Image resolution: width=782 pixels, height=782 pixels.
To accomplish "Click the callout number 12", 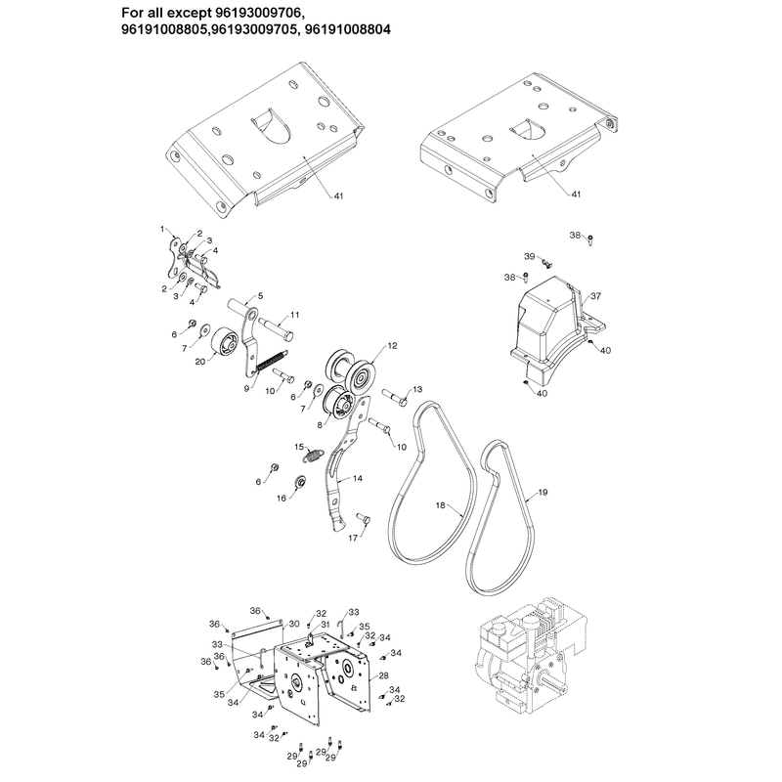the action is pyautogui.click(x=393, y=346).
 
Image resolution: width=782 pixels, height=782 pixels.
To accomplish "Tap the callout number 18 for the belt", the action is pyautogui.click(x=441, y=505).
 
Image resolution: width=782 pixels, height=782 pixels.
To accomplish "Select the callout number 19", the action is pyautogui.click(x=543, y=493).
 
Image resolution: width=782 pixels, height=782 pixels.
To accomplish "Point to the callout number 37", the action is pyautogui.click(x=596, y=296).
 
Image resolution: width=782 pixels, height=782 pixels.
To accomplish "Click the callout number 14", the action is pyautogui.click(x=358, y=478).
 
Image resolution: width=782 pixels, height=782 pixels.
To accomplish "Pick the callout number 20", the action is pyautogui.click(x=200, y=361).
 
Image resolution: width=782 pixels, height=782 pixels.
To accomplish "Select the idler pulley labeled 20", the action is pyautogui.click(x=224, y=343).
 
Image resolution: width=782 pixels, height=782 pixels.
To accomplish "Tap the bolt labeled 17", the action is pyautogui.click(x=363, y=519).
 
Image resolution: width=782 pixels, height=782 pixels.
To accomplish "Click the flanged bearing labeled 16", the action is pyautogui.click(x=300, y=481).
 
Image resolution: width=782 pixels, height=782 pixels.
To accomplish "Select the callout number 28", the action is pyautogui.click(x=383, y=675).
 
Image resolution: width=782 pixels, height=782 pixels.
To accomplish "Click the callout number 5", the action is pyautogui.click(x=260, y=296).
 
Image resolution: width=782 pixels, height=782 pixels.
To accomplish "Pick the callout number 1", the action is pyautogui.click(x=162, y=229).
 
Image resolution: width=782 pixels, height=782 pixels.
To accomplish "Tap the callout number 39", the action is pyautogui.click(x=530, y=256).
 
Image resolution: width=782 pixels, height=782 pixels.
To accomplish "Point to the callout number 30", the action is pyautogui.click(x=294, y=624).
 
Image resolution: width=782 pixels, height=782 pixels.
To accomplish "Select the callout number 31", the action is pyautogui.click(x=326, y=625).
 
